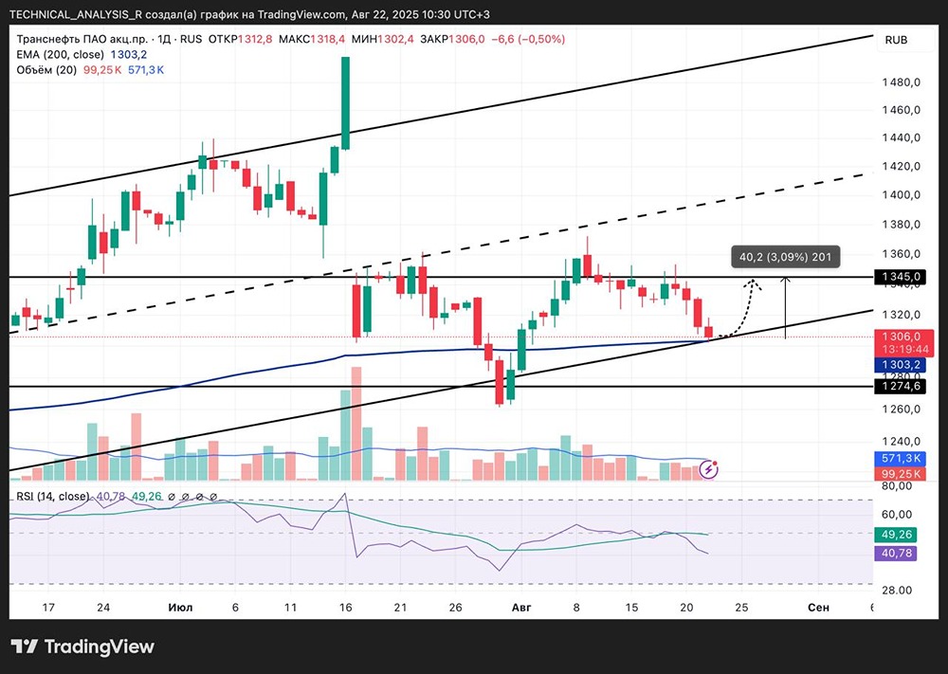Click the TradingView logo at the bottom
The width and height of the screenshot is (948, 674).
[x=82, y=647]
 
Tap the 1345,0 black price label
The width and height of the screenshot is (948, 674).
[x=901, y=277]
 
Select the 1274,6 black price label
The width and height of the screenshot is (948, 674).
[x=901, y=386]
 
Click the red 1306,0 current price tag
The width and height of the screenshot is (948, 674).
[x=904, y=343]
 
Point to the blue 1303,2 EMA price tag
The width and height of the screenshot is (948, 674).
[x=901, y=365]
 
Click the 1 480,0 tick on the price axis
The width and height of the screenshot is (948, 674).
[x=901, y=82]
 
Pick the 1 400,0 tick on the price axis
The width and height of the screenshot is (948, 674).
[x=901, y=194]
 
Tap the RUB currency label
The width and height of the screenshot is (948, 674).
[x=896, y=40]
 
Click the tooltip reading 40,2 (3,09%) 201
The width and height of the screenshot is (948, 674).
[x=785, y=257]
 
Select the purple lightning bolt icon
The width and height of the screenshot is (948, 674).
[x=708, y=469]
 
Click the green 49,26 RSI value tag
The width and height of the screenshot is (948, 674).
[x=897, y=535]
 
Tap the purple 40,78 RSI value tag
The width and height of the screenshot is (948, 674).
[x=897, y=553]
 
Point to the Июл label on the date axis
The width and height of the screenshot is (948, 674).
[x=180, y=607]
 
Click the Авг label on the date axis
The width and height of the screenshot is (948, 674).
[x=521, y=607]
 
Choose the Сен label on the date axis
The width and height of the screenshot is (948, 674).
[x=819, y=607]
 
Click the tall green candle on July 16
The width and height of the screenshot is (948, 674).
[x=345, y=102]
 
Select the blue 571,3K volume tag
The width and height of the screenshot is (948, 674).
[x=901, y=459]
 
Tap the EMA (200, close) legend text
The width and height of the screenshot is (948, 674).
[x=60, y=54]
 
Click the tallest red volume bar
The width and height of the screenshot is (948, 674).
[x=356, y=423]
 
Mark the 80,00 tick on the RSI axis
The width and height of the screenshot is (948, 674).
[x=897, y=486]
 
